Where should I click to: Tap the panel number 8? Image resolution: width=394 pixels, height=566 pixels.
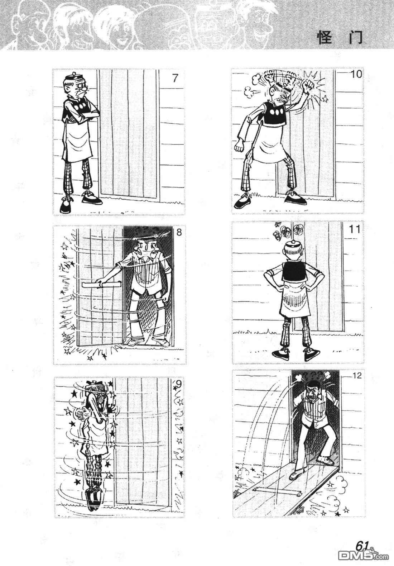point(179,232)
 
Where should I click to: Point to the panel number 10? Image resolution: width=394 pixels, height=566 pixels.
point(356,75)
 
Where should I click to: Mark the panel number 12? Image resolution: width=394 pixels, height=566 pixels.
point(357,375)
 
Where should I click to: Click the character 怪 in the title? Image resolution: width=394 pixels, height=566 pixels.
point(325,38)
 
